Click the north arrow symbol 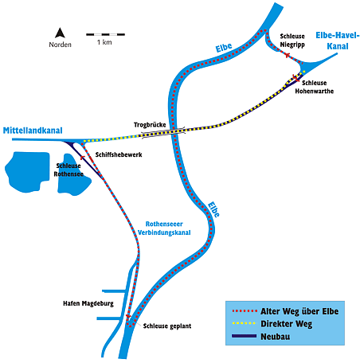[x=60, y=33]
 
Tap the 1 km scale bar [x=105, y=34]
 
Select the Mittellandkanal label [x=33, y=131]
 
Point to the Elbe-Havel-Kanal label [x=338, y=41]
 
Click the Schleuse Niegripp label [x=292, y=41]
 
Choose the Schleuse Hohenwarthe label [x=315, y=87]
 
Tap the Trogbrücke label [x=150, y=125]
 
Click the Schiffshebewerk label [x=119, y=154]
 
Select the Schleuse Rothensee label [x=68, y=170]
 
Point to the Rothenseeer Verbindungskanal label [x=164, y=228]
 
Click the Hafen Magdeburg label [x=88, y=303]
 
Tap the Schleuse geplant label [x=167, y=326]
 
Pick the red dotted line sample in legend [x=245, y=311]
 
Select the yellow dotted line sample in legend [x=245, y=323]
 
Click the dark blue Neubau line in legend [x=245, y=336]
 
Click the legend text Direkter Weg [x=287, y=324]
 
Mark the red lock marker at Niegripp [x=287, y=55]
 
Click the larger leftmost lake [x=27, y=172]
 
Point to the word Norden [x=60, y=45]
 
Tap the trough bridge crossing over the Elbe [x=163, y=132]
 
